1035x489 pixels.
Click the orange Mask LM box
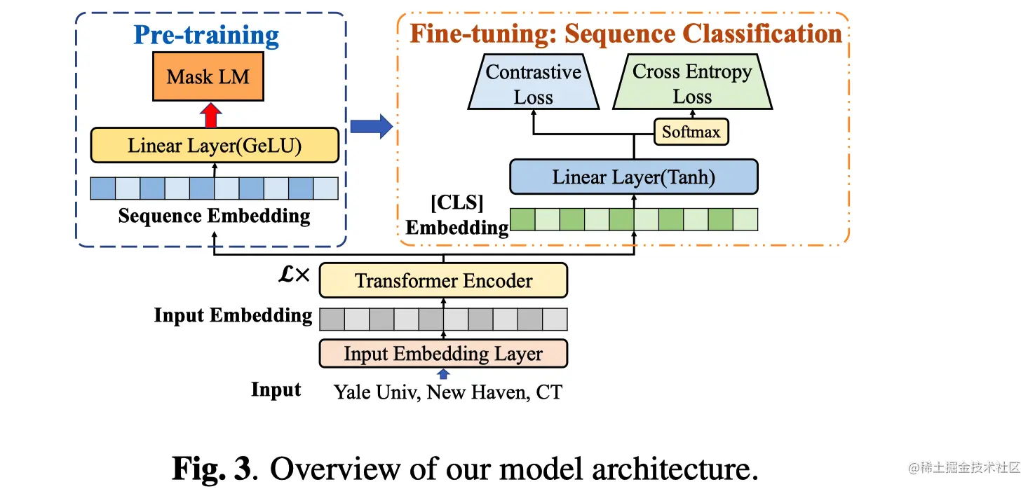208,76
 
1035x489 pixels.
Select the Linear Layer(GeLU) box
215,146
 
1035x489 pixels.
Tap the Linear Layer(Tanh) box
634,177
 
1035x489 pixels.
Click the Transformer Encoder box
443,281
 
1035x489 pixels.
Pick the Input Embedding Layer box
443,354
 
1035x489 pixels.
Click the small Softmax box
691,132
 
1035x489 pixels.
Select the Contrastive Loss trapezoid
534,84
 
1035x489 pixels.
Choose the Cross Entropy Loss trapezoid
692,84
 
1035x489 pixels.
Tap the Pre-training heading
206,35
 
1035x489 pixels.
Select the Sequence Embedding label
214,216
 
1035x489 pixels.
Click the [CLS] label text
456,204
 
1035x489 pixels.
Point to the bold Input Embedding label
233,315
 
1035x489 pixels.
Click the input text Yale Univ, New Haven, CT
447,392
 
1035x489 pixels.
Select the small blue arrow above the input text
443,374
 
